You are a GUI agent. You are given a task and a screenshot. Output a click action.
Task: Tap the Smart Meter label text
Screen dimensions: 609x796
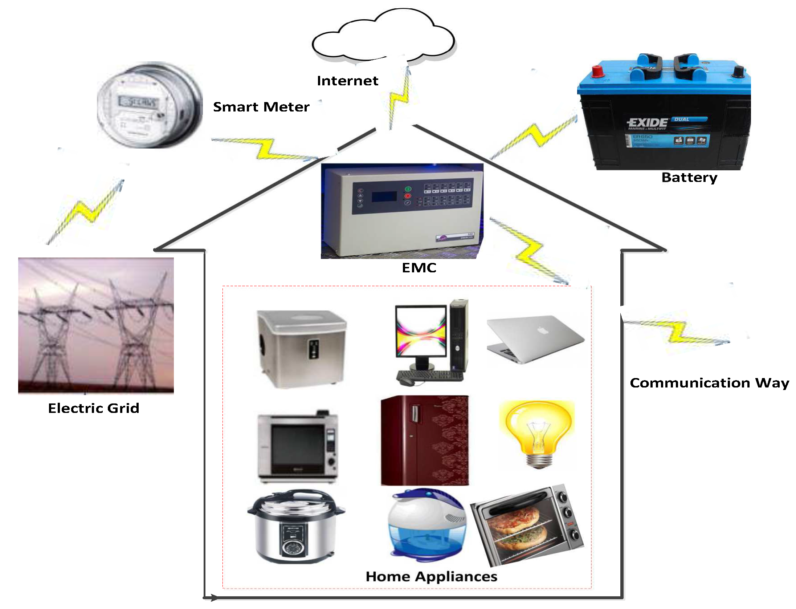261,107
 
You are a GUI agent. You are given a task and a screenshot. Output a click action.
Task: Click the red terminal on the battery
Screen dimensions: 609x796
597,71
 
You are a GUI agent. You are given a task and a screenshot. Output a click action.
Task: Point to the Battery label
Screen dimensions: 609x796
689,178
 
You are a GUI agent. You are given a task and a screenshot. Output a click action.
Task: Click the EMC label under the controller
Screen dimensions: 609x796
419,268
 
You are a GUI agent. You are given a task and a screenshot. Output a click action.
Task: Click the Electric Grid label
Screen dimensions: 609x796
94,408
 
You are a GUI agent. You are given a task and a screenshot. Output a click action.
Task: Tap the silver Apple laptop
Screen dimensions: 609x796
535,338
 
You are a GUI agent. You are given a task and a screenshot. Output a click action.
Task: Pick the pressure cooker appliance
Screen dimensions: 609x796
296,527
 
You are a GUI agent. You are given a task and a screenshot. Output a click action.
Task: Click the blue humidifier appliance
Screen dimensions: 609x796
426,523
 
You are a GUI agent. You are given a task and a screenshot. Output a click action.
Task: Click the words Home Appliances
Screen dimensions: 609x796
431,577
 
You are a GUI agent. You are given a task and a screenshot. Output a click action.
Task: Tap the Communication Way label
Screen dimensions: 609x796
709,383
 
